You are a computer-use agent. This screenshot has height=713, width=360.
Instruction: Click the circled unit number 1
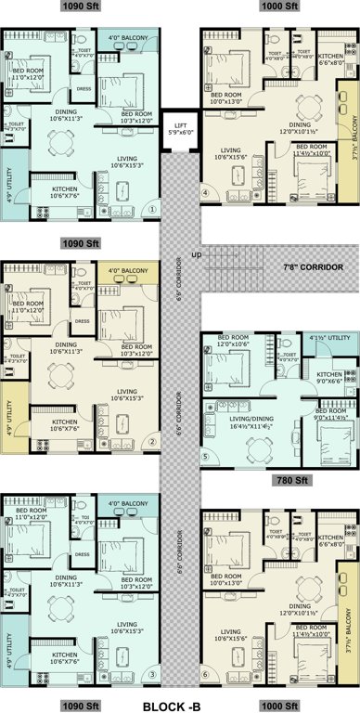click(151, 209)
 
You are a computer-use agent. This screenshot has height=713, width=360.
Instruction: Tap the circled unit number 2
click(151, 441)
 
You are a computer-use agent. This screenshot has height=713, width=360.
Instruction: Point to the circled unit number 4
click(206, 193)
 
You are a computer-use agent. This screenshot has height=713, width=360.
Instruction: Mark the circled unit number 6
click(206, 673)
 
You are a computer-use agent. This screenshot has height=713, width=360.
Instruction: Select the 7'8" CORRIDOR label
click(316, 266)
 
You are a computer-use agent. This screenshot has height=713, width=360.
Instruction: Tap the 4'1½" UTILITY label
click(329, 339)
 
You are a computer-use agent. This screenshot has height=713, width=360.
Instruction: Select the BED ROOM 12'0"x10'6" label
click(236, 340)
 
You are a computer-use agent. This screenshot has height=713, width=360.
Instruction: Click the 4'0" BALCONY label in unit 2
click(127, 271)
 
